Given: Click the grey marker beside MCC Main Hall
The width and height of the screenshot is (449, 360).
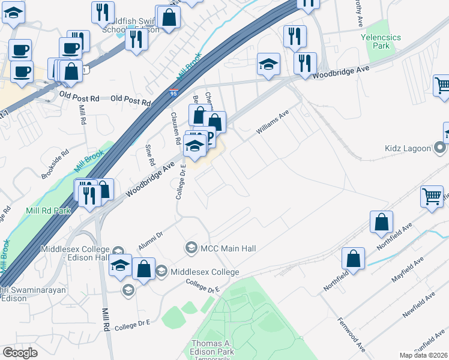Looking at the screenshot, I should coord(191,247).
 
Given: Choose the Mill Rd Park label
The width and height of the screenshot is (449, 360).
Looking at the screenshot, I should coord(48,211).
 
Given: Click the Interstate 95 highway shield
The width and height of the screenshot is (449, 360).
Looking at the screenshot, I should coord(172,91).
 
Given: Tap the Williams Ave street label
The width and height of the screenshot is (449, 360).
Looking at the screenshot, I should coord(273,122).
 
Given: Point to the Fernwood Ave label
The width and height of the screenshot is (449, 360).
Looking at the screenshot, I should coord(352,335).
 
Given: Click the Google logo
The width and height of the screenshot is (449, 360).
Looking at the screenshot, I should coord(20,353).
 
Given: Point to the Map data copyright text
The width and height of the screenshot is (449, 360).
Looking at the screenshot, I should coord(423,355).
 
